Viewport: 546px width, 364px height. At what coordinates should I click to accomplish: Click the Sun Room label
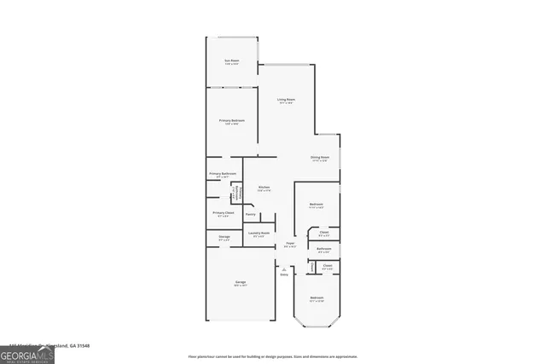(x=231, y=61)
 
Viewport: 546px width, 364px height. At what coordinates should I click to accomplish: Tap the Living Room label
(x=286, y=101)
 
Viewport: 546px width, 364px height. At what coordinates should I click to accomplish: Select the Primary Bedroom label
(x=231, y=121)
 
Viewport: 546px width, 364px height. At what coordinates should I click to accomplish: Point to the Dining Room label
(x=320, y=158)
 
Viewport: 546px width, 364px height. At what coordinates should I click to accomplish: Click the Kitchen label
(x=264, y=188)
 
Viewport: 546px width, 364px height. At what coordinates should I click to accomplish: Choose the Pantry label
(x=251, y=214)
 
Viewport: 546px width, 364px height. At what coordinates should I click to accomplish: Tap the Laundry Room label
(x=258, y=233)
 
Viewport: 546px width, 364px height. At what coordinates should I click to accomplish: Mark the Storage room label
(x=224, y=238)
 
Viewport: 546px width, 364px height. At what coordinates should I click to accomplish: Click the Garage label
(x=241, y=282)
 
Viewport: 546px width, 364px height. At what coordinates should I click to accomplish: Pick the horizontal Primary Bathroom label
(x=222, y=174)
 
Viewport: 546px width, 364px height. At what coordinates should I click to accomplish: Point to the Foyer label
(x=290, y=244)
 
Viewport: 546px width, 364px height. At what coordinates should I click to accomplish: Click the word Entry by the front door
(x=284, y=274)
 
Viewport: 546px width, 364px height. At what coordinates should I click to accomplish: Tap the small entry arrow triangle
(x=285, y=269)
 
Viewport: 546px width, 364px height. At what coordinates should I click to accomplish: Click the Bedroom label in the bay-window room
(x=317, y=298)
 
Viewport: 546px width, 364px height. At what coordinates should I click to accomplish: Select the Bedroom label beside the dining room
(x=316, y=205)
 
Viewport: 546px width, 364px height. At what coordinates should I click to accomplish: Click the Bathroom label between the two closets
(x=324, y=249)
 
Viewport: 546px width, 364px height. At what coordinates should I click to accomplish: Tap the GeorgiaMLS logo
(x=27, y=355)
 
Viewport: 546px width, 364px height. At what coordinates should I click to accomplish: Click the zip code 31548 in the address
(x=82, y=345)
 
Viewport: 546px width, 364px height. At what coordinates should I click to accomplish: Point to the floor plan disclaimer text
(x=272, y=356)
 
